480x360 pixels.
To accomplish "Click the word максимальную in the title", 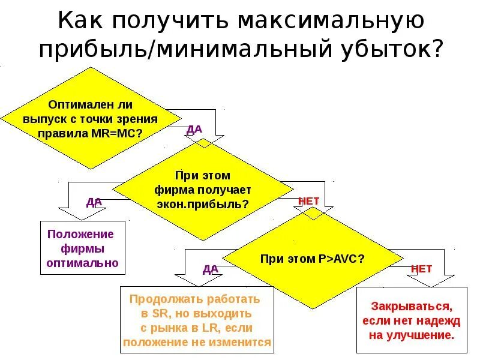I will click(331, 21).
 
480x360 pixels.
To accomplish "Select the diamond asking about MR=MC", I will click(90, 118).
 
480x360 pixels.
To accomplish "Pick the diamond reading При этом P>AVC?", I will click(312, 259).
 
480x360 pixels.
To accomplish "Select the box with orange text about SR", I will click(197, 320).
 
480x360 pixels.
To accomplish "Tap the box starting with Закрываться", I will click(411, 320).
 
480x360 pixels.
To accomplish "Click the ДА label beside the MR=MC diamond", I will click(195, 129).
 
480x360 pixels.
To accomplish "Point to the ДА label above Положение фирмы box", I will click(94, 202).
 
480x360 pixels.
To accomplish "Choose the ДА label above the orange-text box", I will click(210, 269).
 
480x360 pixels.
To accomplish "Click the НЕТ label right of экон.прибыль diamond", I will click(309, 201).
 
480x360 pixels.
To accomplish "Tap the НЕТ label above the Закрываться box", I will click(421, 269).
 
